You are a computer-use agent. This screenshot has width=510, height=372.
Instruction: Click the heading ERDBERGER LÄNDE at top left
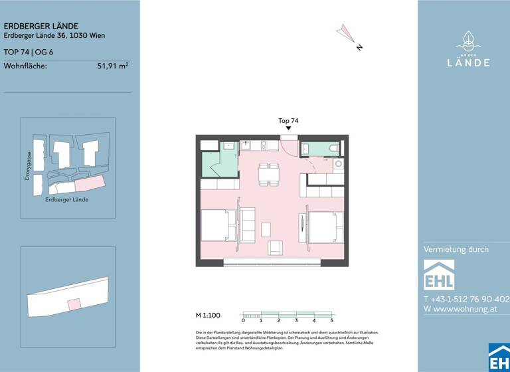coord(41,26)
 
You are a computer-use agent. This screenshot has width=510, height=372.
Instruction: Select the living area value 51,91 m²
coord(113,65)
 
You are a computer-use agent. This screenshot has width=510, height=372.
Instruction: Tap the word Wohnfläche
coord(25,65)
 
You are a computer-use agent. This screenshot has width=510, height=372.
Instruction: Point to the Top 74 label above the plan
coord(288,121)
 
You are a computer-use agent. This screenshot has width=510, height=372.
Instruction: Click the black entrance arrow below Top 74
coord(288,129)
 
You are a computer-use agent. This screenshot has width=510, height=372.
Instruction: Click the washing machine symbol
coord(338,163)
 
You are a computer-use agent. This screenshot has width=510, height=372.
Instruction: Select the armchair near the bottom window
coord(275,248)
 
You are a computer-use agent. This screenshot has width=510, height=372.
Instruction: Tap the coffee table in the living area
coord(266,228)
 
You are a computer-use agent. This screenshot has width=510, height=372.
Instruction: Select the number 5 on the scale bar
coord(331,321)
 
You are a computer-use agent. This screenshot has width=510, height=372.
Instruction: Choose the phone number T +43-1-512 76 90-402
coord(466,299)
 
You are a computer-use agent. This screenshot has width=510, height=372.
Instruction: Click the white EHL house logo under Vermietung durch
coord(439,274)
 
